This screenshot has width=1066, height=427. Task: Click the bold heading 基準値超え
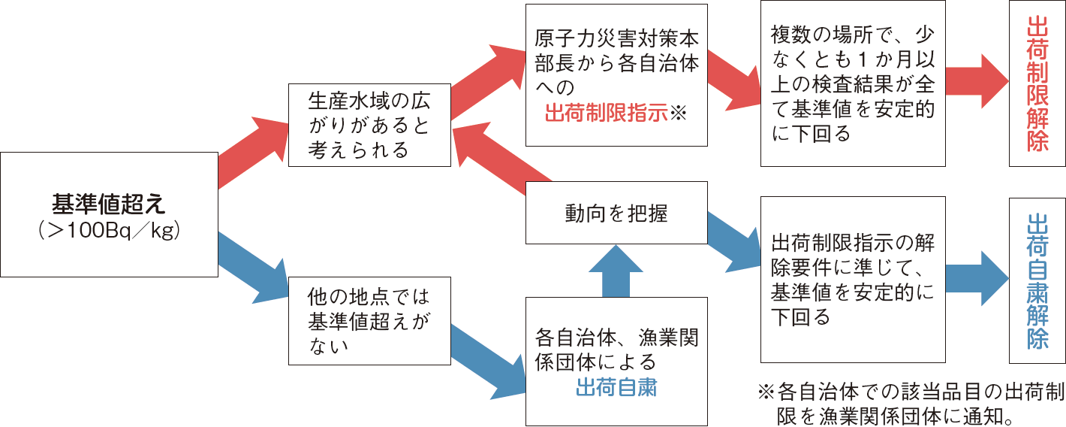[108, 203]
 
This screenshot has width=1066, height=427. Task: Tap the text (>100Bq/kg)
[108, 230]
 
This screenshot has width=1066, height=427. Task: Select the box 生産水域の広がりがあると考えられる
[369, 125]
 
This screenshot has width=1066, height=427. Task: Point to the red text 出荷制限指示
[606, 114]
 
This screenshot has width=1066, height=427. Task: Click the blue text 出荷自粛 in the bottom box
[616, 387]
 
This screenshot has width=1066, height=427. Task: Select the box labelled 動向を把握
[616, 214]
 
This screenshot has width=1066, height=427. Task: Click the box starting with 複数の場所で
[853, 83]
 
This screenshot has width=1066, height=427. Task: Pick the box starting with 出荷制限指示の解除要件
[853, 280]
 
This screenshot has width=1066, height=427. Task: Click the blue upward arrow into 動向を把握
[616, 271]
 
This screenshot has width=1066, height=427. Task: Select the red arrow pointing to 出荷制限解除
[976, 83]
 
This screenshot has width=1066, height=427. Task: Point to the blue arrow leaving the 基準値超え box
[251, 259]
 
